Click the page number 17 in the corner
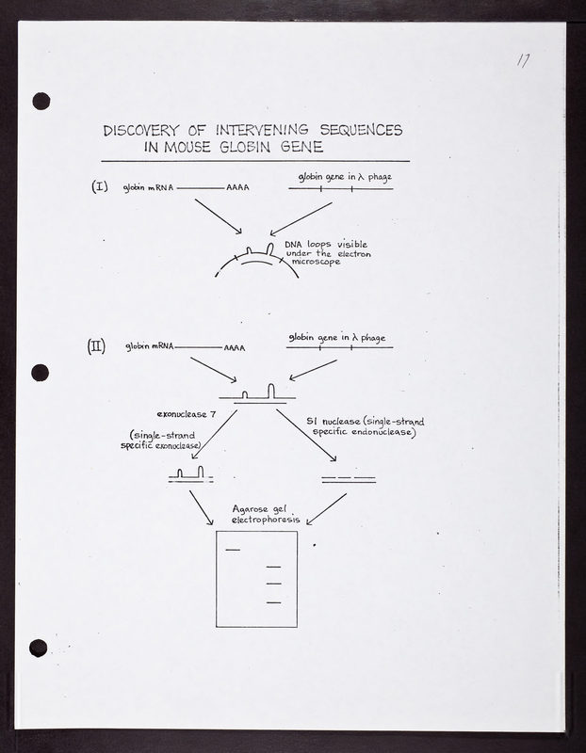[x=524, y=61]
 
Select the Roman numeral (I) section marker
[x=101, y=186]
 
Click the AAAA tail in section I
[x=237, y=188]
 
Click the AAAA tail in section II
[x=234, y=347]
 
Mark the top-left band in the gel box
[x=233, y=549]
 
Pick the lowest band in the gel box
[x=274, y=601]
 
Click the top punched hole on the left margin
[x=41, y=100]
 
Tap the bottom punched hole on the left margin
[x=38, y=648]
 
